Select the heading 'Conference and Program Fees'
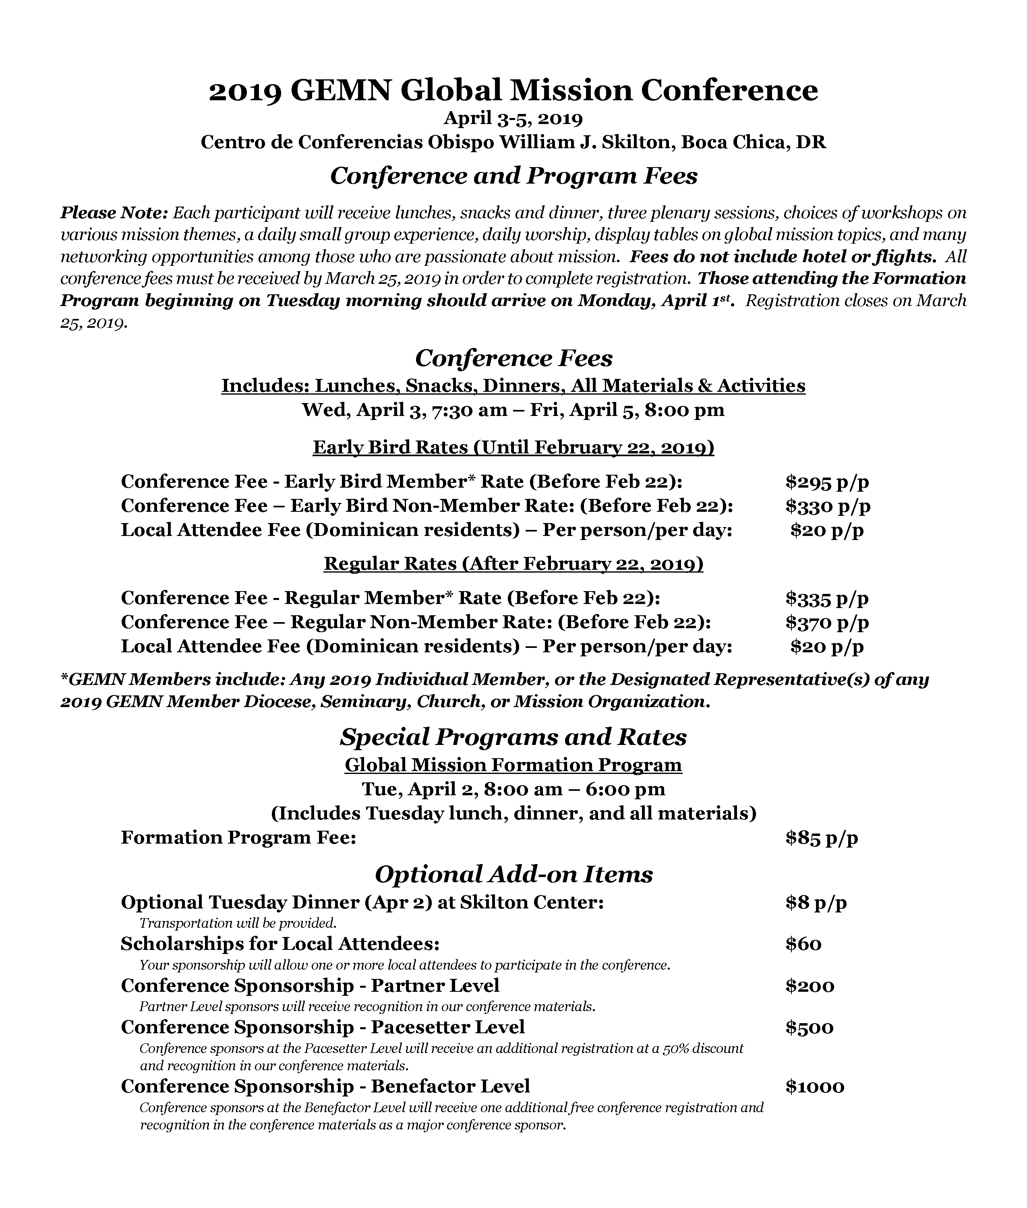point(513,176)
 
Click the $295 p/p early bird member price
point(827,482)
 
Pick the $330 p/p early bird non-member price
point(827,506)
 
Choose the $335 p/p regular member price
point(827,598)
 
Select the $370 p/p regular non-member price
point(827,623)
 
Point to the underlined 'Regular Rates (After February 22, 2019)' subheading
point(513,564)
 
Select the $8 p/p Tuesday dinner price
point(816,902)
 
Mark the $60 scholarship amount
point(803,944)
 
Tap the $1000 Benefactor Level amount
point(814,1086)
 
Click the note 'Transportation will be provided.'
point(238,923)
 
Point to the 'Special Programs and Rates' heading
point(513,737)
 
